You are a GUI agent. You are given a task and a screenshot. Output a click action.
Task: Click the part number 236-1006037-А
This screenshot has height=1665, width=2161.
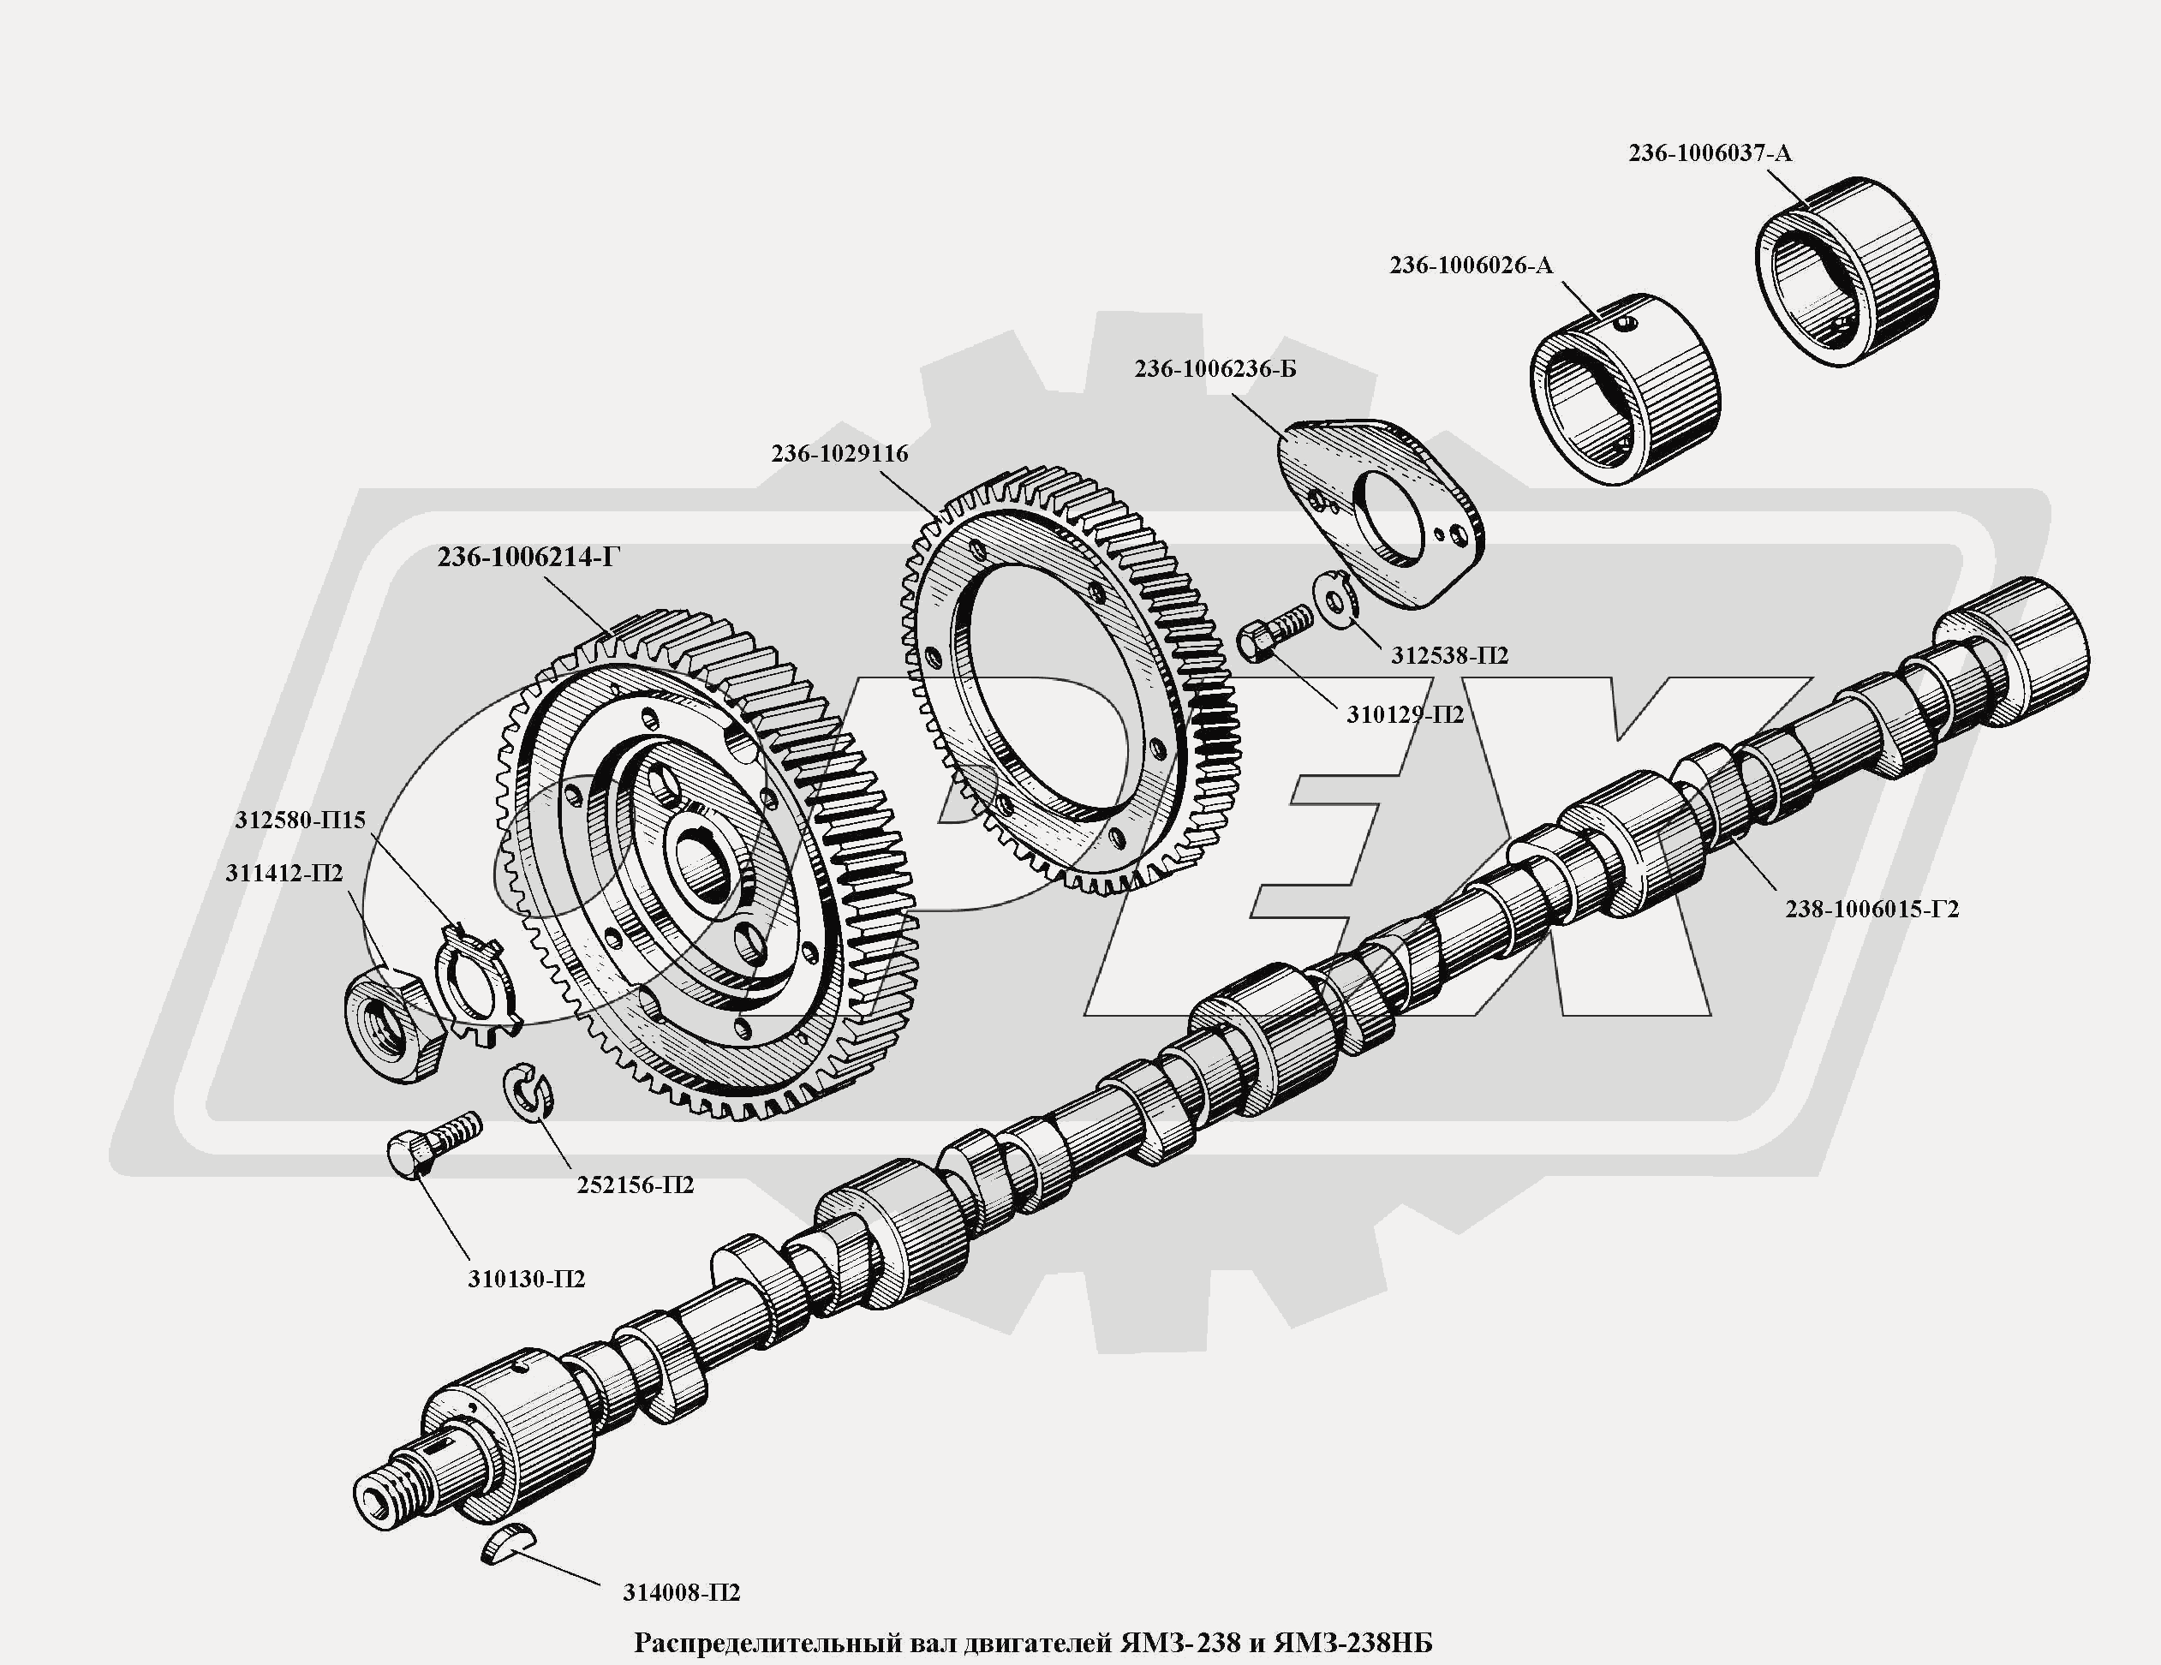click(1709, 153)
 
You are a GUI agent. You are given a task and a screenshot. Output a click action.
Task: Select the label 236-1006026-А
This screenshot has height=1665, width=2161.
click(1471, 266)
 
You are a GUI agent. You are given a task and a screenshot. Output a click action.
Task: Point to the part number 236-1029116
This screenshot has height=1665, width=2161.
click(839, 453)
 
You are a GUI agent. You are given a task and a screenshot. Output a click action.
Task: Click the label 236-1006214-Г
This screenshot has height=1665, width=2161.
click(528, 558)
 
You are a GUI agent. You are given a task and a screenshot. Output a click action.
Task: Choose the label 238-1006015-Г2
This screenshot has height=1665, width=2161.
click(1871, 908)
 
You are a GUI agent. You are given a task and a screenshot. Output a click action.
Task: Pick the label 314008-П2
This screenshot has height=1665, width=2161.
click(681, 1593)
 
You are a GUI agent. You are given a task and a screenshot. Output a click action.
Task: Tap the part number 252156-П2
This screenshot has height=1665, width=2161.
click(636, 1185)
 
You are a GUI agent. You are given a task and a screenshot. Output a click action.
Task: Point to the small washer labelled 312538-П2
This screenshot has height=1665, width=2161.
click(1333, 599)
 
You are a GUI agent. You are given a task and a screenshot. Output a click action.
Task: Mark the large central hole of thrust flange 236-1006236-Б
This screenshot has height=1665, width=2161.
click(1395, 517)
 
